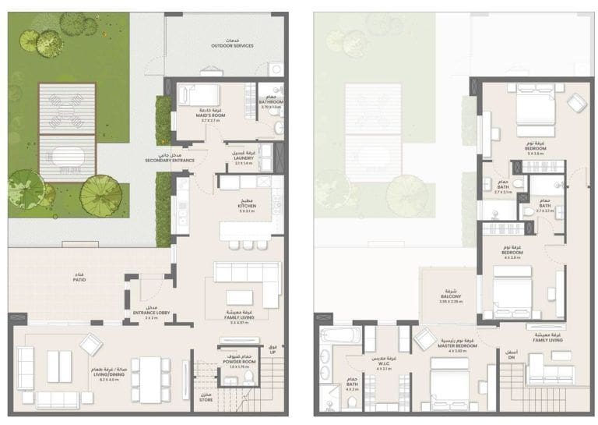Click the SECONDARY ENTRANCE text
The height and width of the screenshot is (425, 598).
click(169, 158)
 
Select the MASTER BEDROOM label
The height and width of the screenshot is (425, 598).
click(457, 348)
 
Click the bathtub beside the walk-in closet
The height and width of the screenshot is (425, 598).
click(339, 335)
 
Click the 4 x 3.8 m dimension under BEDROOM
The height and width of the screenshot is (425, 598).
click(511, 257)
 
